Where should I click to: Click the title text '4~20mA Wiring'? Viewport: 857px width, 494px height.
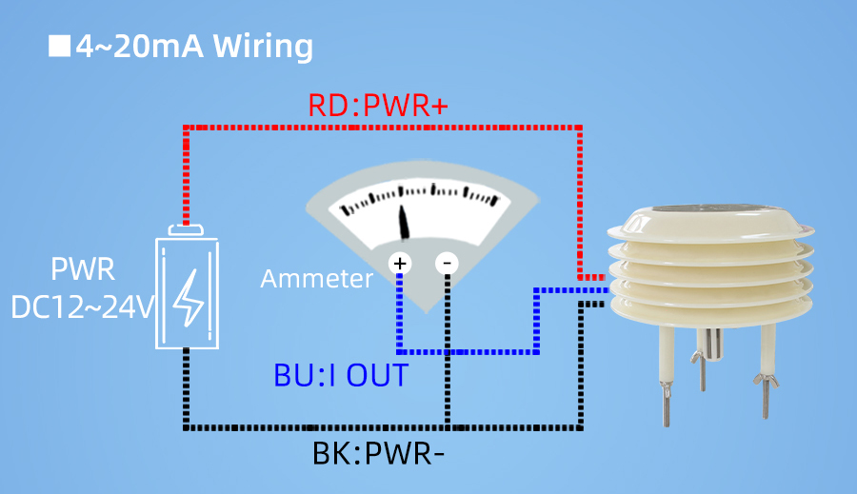click(x=194, y=46)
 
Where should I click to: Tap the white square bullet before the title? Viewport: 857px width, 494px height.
click(x=60, y=46)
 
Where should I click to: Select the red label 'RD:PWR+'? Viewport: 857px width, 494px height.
click(x=378, y=106)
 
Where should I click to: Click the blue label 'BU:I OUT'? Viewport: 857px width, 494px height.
click(x=341, y=375)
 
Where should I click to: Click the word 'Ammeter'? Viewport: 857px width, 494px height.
click(x=317, y=279)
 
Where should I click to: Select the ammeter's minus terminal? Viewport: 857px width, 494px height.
click(x=447, y=263)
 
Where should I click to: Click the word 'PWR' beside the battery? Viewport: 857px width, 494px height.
click(x=83, y=269)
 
